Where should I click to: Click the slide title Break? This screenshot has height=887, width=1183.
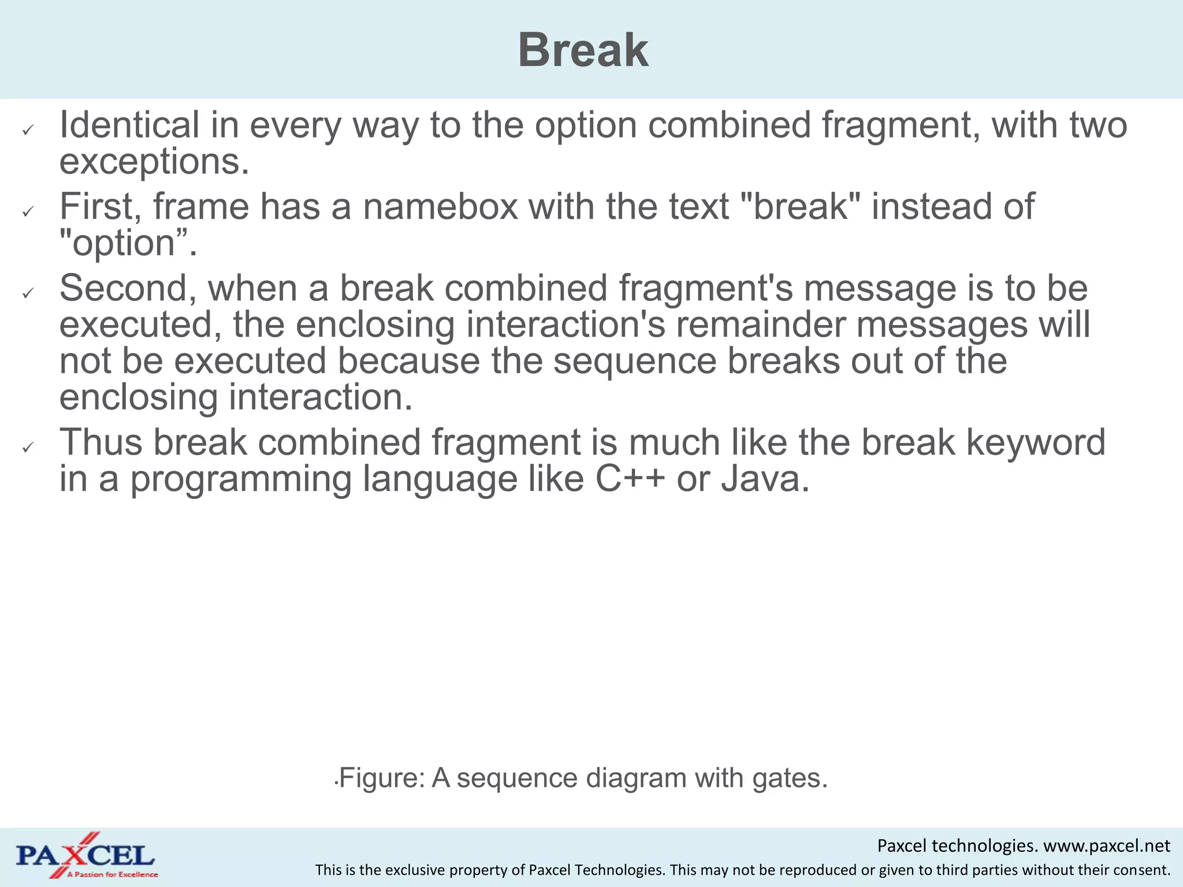[x=583, y=50]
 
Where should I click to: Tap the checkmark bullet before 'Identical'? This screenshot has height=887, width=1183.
[x=28, y=131]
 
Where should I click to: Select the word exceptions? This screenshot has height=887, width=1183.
[x=154, y=162]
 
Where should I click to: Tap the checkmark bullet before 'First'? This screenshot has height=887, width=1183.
[x=28, y=213]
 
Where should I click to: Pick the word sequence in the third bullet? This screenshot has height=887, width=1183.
[x=634, y=361]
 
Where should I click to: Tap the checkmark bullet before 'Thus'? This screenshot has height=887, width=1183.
[x=28, y=448]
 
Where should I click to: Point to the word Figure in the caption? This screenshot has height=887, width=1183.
[x=381, y=778]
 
